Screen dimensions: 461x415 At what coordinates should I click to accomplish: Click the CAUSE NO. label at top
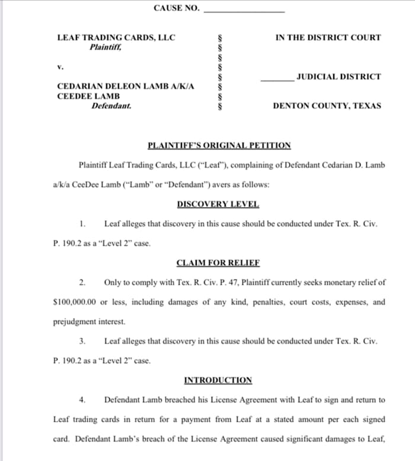177,8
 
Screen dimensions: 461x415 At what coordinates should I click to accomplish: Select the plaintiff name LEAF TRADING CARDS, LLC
116,37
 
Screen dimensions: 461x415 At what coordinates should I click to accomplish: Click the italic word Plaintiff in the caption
106,47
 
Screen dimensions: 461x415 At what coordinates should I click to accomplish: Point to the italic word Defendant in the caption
111,106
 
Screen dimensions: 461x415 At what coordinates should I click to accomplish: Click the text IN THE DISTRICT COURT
328,37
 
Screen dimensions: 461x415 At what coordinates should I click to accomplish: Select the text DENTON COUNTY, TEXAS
327,106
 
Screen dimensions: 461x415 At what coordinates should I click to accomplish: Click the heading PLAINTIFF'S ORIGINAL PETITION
219,145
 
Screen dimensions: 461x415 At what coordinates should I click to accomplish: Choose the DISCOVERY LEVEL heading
218,204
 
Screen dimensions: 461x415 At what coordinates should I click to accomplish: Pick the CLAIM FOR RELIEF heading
218,262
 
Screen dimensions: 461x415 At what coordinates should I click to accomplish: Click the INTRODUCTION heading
218,380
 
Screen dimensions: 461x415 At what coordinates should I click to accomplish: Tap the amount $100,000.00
75,302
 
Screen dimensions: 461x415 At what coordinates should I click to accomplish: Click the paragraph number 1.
83,224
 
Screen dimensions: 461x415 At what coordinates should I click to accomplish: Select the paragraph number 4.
83,400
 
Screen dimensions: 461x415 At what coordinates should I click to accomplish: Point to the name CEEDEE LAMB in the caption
88,96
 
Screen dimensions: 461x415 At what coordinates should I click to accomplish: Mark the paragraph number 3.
83,341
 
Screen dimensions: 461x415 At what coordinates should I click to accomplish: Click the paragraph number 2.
83,282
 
